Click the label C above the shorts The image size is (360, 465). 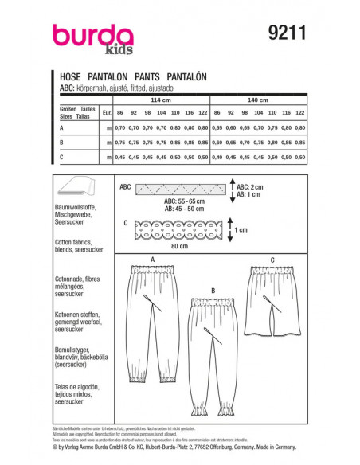click(272, 260)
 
